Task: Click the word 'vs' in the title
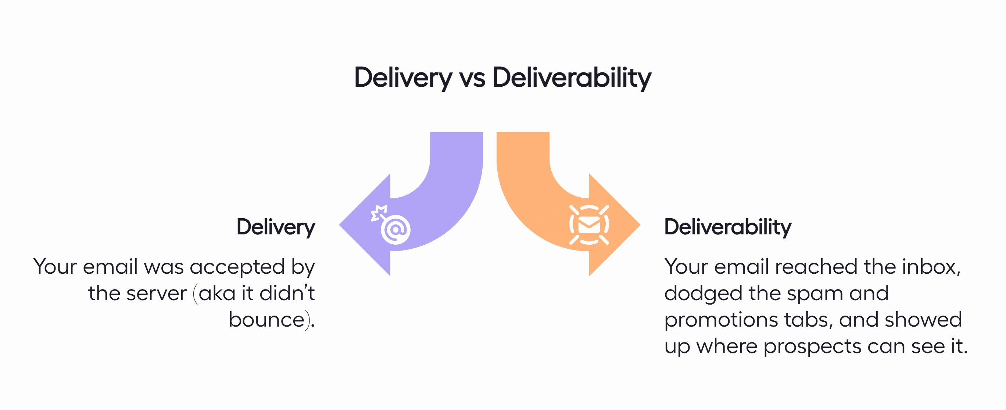click(x=472, y=78)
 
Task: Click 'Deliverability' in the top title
click(x=572, y=78)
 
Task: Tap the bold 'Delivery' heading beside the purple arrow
click(x=276, y=227)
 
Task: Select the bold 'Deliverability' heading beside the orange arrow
click(x=727, y=227)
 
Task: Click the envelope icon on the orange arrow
click(x=588, y=225)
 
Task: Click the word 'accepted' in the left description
click(x=237, y=267)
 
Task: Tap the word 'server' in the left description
click(x=157, y=294)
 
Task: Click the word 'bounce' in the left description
click(x=266, y=320)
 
